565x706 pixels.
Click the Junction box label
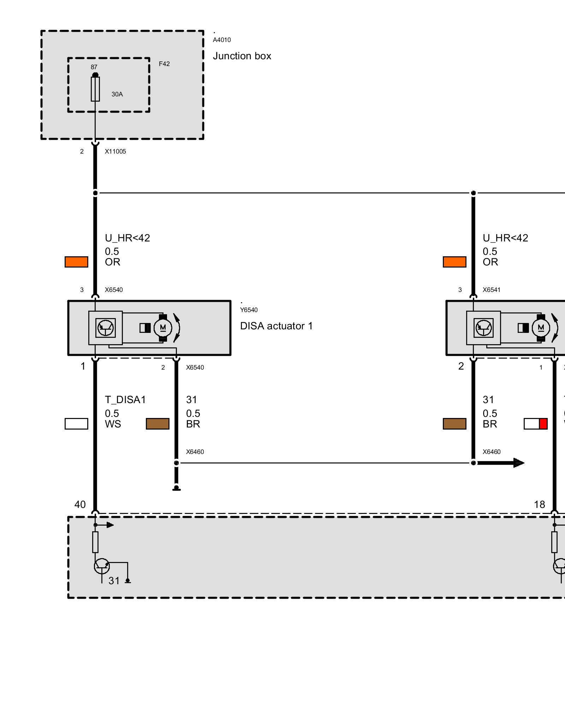pyautogui.click(x=242, y=56)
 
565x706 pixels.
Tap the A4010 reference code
pyautogui.click(x=222, y=40)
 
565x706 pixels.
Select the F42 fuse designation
pyautogui.click(x=164, y=64)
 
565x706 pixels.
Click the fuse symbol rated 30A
pyautogui.click(x=95, y=89)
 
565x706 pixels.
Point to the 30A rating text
pyautogui.click(x=117, y=94)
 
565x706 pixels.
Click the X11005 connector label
pyautogui.click(x=115, y=151)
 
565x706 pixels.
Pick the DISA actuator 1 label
pyautogui.click(x=276, y=326)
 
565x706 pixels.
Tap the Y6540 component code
pyautogui.click(x=249, y=310)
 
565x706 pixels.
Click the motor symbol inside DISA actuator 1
pyautogui.click(x=163, y=328)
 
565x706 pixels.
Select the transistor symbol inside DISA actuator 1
pyautogui.click(x=106, y=328)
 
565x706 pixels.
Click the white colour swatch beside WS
pyautogui.click(x=76, y=424)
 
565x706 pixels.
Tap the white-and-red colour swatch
pyautogui.click(x=535, y=424)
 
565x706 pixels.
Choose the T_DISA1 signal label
pyautogui.click(x=125, y=400)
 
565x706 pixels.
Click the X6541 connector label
pyautogui.click(x=492, y=290)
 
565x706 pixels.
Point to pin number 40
pyautogui.click(x=80, y=504)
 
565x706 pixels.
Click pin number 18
pyautogui.click(x=539, y=504)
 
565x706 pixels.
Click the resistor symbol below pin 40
pyautogui.click(x=95, y=542)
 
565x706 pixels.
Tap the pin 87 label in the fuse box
pyautogui.click(x=94, y=67)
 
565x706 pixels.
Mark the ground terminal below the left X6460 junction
pyautogui.click(x=177, y=489)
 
